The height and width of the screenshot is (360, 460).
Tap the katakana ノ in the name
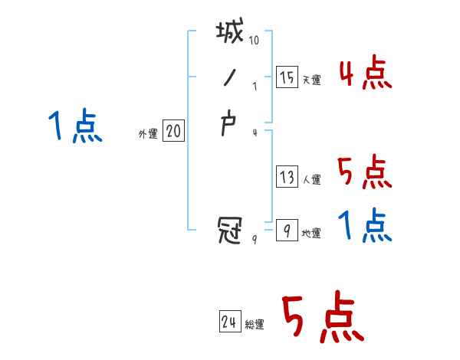[228, 78]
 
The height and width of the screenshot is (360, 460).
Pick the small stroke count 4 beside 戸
[255, 133]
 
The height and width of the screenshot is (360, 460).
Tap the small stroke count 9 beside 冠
[255, 239]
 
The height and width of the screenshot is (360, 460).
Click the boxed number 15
[287, 77]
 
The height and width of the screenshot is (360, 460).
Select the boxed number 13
[287, 177]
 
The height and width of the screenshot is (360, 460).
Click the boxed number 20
[173, 132]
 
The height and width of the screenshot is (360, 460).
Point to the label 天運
[312, 80]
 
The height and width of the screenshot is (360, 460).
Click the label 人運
[312, 180]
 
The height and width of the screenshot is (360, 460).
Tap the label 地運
[311, 233]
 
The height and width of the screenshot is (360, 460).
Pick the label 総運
[255, 325]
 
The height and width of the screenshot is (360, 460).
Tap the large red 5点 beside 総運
[321, 319]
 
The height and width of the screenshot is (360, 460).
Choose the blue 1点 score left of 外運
[75, 126]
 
